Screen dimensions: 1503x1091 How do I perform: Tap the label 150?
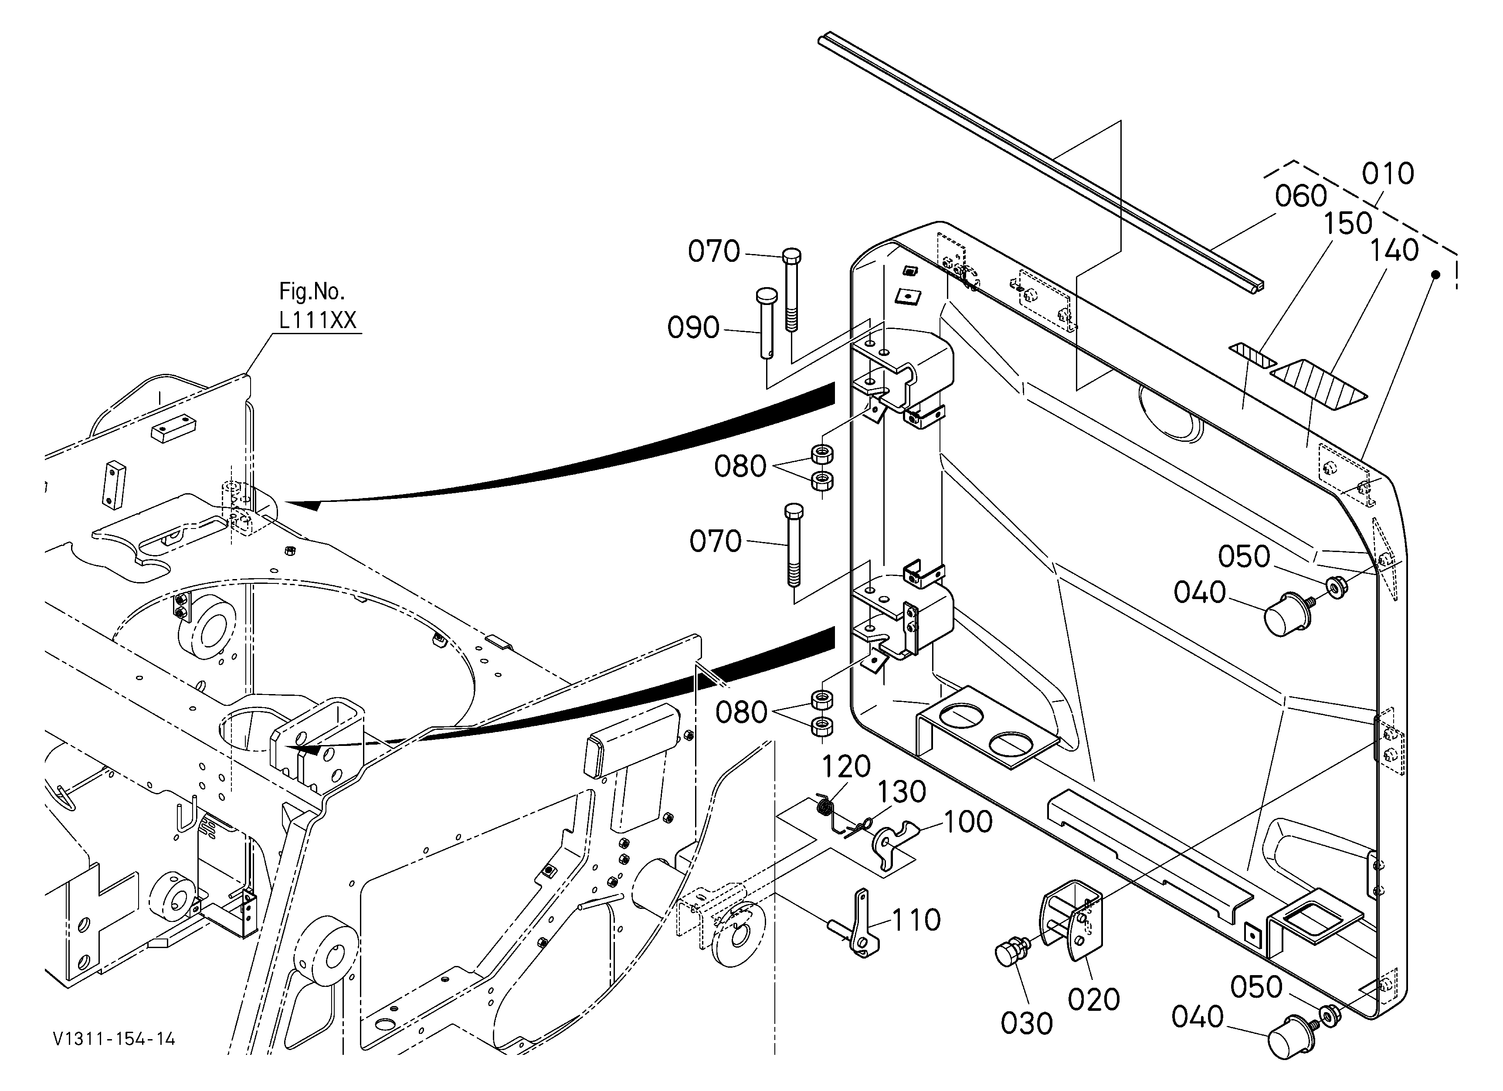1348,224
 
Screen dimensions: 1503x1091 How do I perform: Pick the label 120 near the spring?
846,766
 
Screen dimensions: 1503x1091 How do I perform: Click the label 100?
967,822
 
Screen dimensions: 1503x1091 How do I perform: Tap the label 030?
1027,1024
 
